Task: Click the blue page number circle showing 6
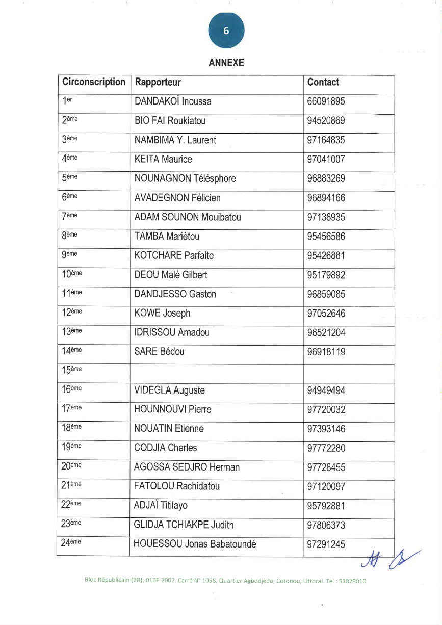[x=226, y=31]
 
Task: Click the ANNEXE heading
[x=226, y=63]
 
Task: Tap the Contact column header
[x=323, y=82]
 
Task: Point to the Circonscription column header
[x=93, y=82]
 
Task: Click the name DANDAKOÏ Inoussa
[x=173, y=101]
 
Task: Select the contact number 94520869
[x=326, y=121]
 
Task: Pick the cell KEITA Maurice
[x=163, y=160]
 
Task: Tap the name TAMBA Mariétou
[x=167, y=237]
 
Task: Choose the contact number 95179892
[x=326, y=275]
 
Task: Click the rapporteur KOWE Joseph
[x=162, y=314]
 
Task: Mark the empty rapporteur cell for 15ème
[x=217, y=371]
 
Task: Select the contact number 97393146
[x=326, y=429]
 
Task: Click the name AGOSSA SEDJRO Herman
[x=187, y=467]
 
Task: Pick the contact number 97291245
[x=326, y=544]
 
